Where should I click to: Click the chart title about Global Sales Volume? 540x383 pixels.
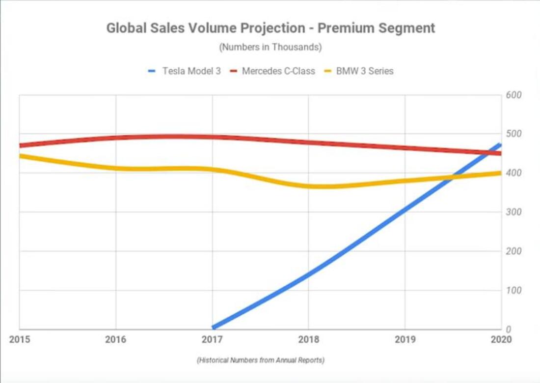pyautogui.click(x=270, y=28)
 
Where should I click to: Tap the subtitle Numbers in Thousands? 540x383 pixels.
pyautogui.click(x=270, y=48)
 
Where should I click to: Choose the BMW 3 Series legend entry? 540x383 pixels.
pyautogui.click(x=364, y=71)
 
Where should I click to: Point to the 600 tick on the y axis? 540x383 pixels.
pyautogui.click(x=513, y=95)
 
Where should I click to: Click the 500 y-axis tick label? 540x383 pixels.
pyautogui.click(x=513, y=134)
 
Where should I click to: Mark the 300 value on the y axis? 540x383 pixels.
pyautogui.click(x=513, y=212)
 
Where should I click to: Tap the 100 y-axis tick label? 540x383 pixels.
pyautogui.click(x=513, y=290)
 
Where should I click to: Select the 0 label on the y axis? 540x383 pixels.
pyautogui.click(x=509, y=329)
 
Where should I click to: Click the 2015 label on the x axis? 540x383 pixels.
pyautogui.click(x=19, y=340)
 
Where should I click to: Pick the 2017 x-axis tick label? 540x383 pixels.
pyautogui.click(x=212, y=340)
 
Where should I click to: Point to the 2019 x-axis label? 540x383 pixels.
pyautogui.click(x=405, y=340)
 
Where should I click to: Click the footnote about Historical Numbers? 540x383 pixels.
pyautogui.click(x=260, y=360)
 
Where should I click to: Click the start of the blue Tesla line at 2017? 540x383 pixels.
pyautogui.click(x=214, y=327)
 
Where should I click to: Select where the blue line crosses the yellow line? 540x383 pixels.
pyautogui.click(x=450, y=177)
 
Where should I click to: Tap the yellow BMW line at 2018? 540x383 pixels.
pyautogui.click(x=308, y=186)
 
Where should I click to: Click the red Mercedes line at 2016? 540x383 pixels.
pyautogui.click(x=116, y=138)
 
